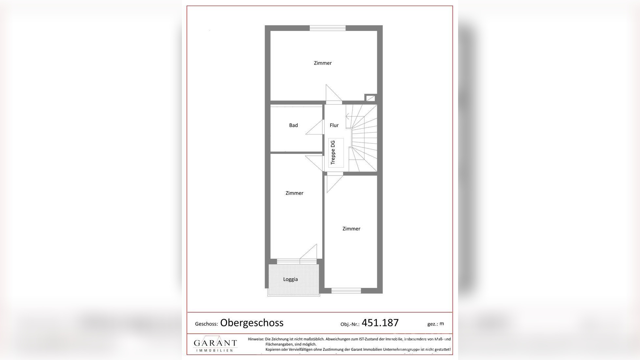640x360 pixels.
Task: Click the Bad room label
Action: [x=293, y=125]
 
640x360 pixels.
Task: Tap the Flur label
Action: [x=334, y=125]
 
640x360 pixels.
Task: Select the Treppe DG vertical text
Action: [x=333, y=153]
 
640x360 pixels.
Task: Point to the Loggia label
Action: [x=290, y=279]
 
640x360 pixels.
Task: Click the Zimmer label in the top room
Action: [x=323, y=63]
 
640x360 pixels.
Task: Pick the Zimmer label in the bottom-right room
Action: [x=351, y=229]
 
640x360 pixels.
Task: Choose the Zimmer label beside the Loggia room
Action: [x=294, y=193]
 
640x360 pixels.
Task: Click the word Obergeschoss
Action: [x=252, y=323]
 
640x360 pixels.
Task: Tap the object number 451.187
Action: [x=380, y=323]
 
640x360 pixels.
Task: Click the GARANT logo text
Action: [x=215, y=343]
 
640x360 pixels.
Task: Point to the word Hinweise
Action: [x=256, y=339]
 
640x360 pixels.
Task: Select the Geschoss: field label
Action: [x=206, y=324]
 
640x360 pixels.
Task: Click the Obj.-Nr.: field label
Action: [x=350, y=324]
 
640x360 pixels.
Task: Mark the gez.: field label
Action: [x=432, y=324]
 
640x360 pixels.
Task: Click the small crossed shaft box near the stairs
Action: [x=370, y=98]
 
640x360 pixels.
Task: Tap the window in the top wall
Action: [x=328, y=28]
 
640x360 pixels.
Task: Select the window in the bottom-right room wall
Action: [x=346, y=291]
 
